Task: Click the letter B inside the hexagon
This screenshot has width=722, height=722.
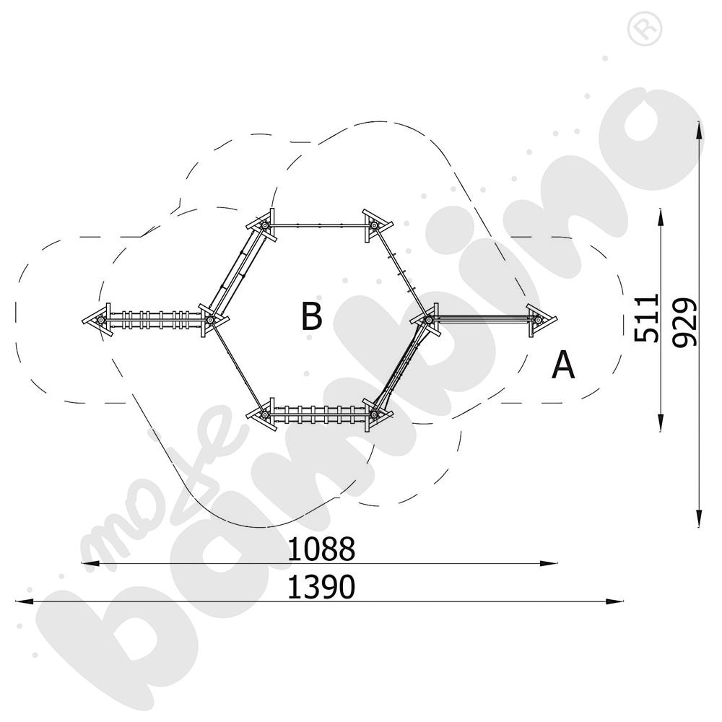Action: click(x=311, y=316)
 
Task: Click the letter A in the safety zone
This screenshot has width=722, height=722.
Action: click(x=563, y=364)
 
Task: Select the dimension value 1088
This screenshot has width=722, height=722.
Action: click(x=321, y=549)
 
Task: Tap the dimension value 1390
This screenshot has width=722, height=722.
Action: click(x=321, y=586)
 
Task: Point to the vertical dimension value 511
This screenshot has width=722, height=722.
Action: click(x=645, y=318)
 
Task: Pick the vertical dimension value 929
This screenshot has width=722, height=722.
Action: click(x=684, y=322)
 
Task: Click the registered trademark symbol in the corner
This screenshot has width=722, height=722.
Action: click(x=644, y=29)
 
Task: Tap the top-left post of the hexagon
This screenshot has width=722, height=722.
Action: click(x=264, y=226)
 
